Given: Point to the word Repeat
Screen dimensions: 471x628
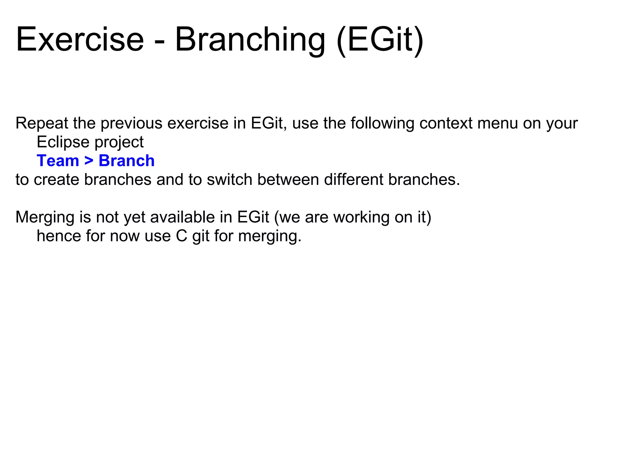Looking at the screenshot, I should [42, 124].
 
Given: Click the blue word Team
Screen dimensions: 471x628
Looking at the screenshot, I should [58, 161].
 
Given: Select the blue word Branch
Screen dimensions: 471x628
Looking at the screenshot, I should [126, 161].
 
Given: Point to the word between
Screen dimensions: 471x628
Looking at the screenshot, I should [288, 180].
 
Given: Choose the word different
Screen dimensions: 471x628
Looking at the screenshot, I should [354, 180].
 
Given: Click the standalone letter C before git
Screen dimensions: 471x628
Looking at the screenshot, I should [182, 236].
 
